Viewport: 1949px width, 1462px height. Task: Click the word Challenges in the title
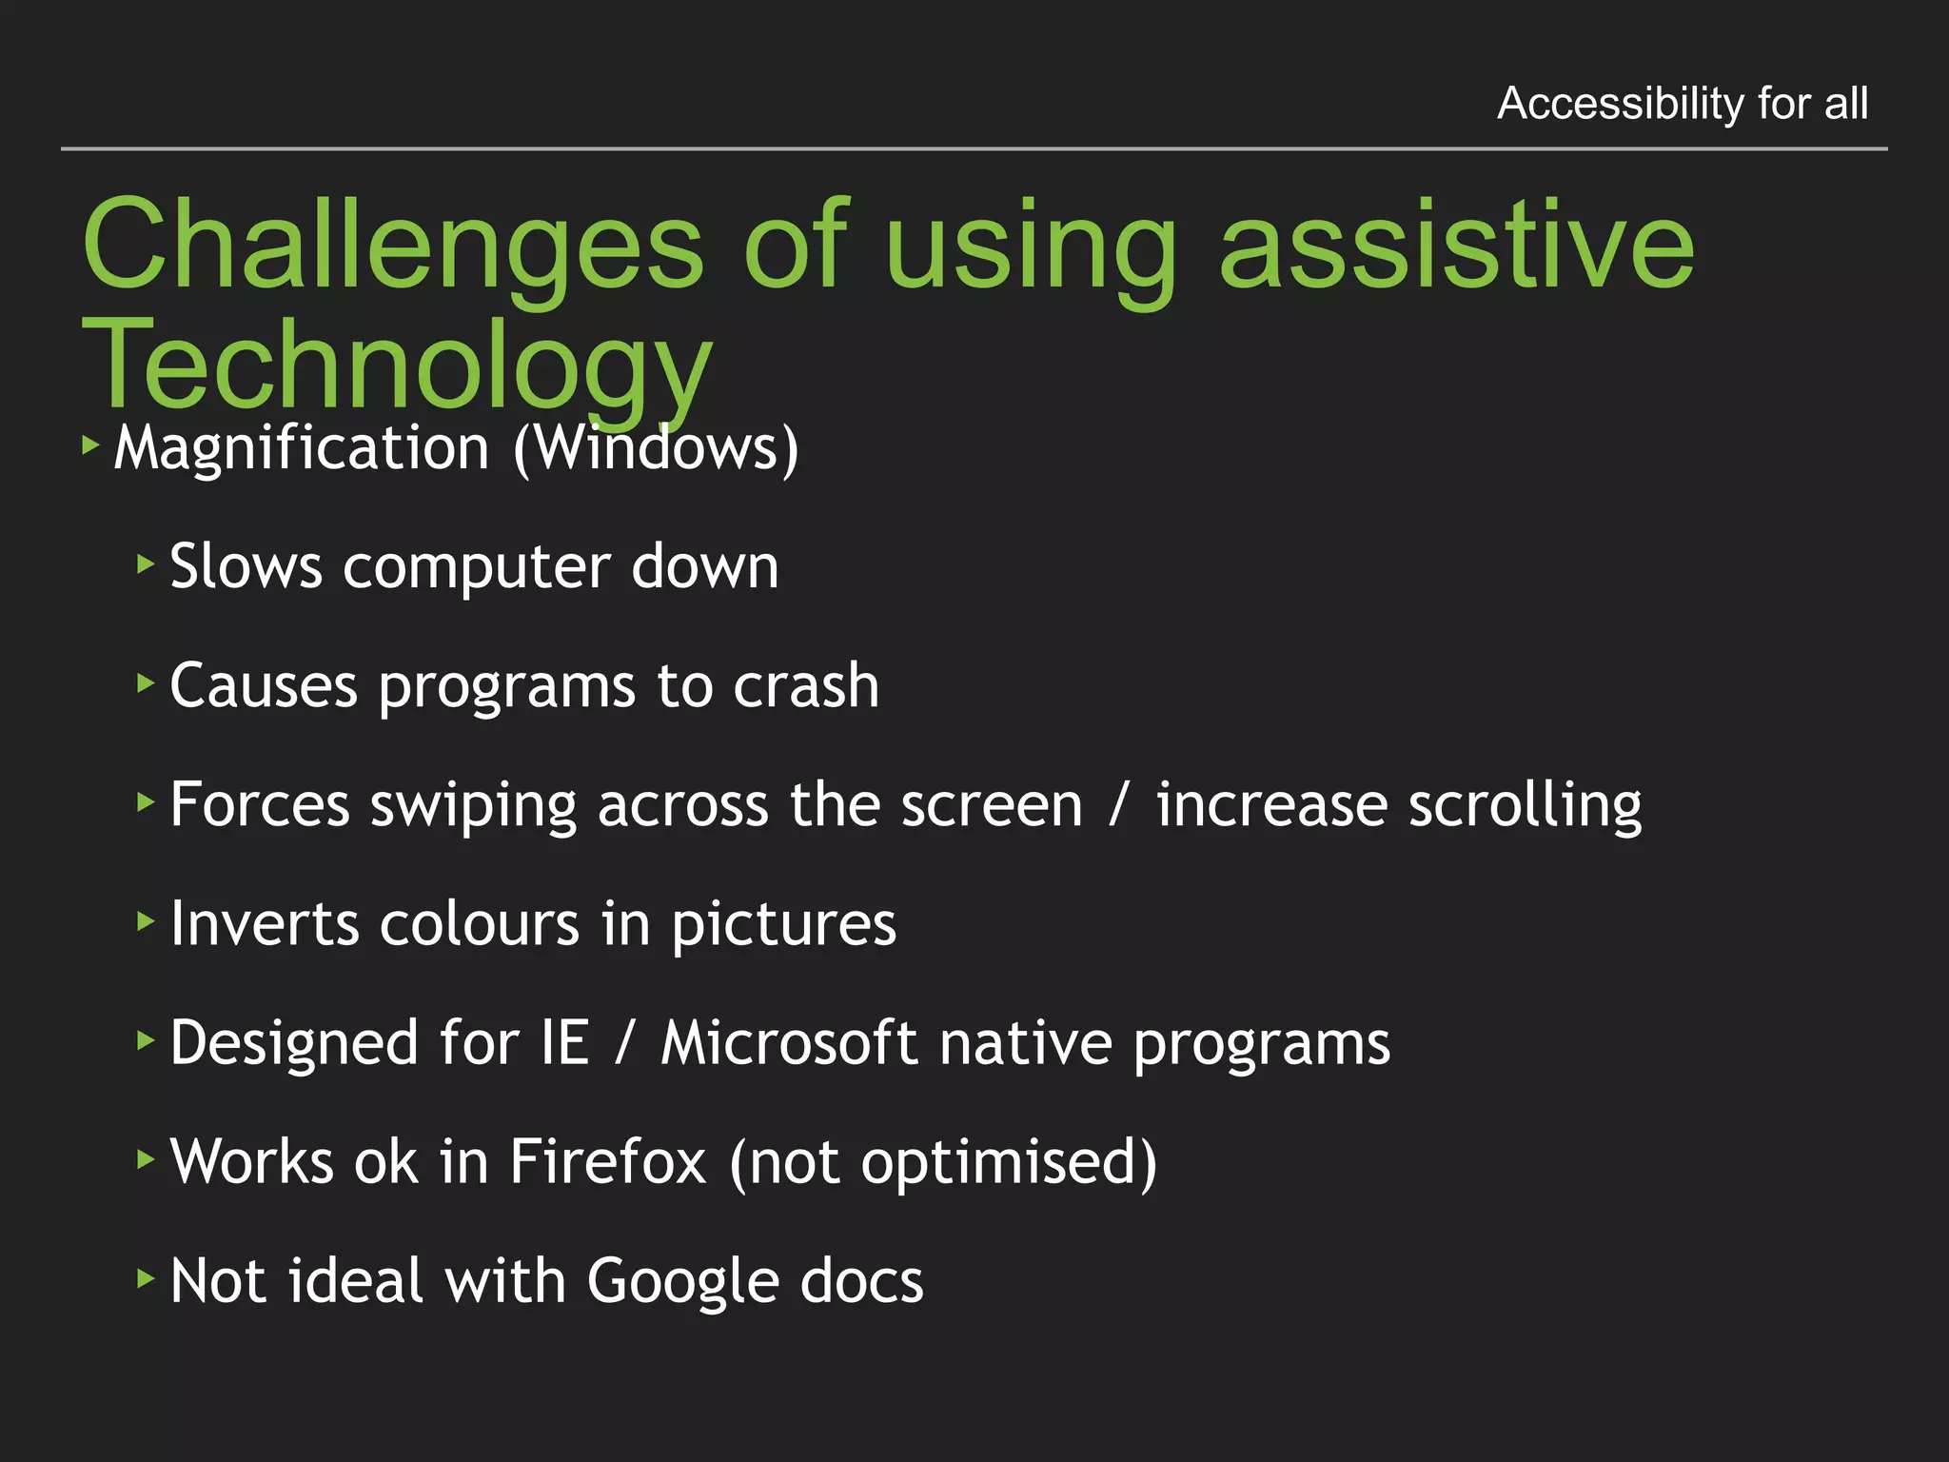(x=392, y=246)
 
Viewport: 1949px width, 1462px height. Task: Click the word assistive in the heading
(x=1456, y=246)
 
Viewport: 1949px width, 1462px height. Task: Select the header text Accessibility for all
(x=1682, y=103)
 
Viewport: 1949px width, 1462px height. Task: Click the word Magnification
(x=301, y=447)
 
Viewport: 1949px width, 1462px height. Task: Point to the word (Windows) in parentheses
(x=656, y=447)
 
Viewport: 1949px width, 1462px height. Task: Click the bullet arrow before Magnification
(x=90, y=445)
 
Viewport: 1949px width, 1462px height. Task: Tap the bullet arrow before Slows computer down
(x=145, y=564)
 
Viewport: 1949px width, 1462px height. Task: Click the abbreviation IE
(x=565, y=1042)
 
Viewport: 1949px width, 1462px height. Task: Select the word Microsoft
(x=789, y=1042)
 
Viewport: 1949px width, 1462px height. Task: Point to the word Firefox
(x=607, y=1161)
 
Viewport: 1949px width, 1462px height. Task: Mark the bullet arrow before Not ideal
(x=145, y=1277)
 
